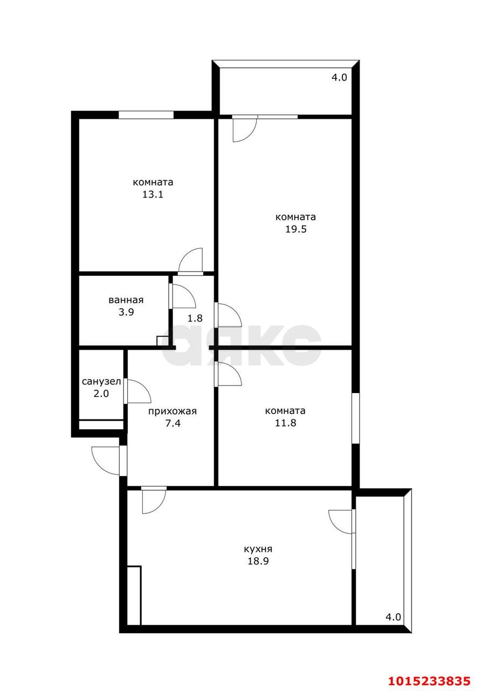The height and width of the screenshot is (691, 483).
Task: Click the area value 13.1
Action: click(153, 194)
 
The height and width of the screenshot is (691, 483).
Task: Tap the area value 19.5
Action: click(295, 229)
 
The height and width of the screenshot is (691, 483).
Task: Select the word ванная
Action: click(126, 301)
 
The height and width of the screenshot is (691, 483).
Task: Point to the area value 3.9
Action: click(126, 313)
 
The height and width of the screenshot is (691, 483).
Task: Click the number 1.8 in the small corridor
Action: click(195, 318)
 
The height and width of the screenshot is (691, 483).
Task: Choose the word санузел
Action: click(101, 382)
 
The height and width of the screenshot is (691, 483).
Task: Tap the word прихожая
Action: click(172, 411)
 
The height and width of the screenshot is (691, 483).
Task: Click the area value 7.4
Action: click(172, 423)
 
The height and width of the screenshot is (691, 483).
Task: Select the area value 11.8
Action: click(285, 423)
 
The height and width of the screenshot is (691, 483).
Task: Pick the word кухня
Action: click(258, 549)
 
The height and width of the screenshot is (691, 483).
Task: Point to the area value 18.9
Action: click(258, 561)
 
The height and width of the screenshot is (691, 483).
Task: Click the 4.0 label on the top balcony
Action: click(339, 77)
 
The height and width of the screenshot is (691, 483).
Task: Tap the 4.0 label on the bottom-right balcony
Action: click(393, 617)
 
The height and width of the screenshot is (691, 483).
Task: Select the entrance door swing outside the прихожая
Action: click(106, 459)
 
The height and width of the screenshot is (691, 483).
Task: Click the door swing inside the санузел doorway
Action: click(137, 391)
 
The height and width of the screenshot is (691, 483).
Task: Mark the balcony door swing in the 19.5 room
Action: click(244, 130)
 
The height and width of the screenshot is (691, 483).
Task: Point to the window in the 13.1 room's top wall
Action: click(146, 114)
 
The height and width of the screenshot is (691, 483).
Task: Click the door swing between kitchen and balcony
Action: click(341, 521)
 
